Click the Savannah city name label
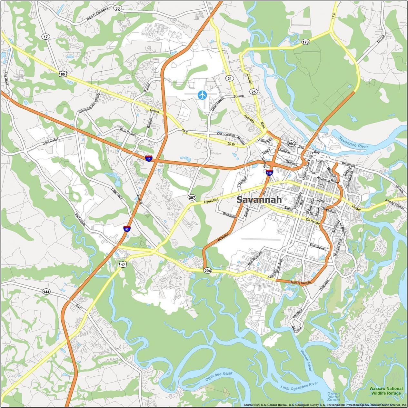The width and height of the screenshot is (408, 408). tap(259, 200)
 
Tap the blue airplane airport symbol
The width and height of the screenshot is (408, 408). tap(202, 95)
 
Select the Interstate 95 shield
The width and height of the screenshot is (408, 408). tap(127, 229)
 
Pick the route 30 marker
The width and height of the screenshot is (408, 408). tap(117, 8)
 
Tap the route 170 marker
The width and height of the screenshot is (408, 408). tap(305, 42)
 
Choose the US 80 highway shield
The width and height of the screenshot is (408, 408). tap(63, 74)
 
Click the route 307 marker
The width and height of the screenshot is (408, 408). tap(192, 197)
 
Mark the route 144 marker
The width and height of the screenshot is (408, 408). tap(46, 292)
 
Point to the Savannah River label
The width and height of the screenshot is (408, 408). tap(353, 143)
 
